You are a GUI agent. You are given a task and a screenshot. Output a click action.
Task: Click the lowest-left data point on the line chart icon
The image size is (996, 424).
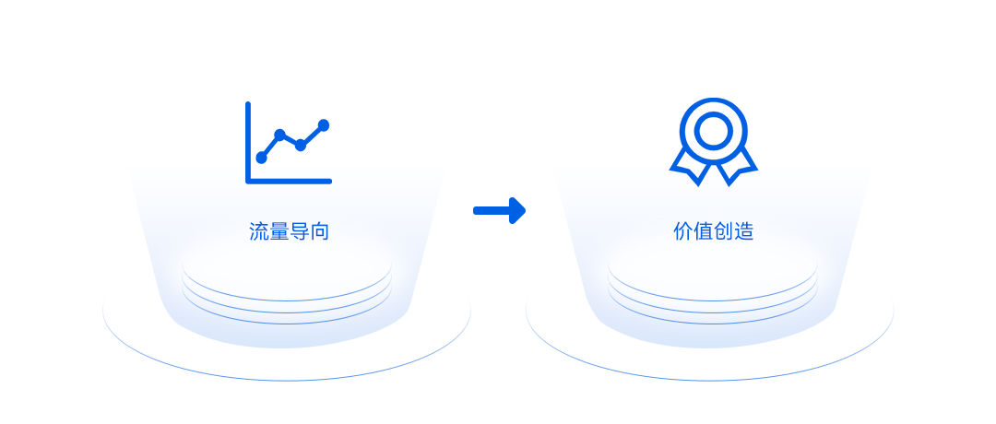click(x=261, y=158)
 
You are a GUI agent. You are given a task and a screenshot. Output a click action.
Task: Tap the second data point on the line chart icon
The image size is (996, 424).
click(x=279, y=135)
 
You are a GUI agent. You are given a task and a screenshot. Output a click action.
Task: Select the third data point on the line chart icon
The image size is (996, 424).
click(x=301, y=146)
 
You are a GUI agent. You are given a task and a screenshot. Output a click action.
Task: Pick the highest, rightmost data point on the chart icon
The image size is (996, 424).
click(x=324, y=125)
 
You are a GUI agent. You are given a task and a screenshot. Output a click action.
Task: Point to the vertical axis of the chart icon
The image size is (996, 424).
click(x=248, y=142)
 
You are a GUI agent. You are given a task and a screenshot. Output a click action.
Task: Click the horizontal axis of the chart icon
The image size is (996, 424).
click(x=289, y=182)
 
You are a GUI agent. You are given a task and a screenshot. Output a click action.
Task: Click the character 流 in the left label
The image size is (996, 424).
click(x=258, y=231)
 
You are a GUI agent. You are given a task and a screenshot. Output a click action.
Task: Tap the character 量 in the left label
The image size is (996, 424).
click(x=279, y=231)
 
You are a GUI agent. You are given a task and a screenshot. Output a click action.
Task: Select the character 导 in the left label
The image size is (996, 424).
click(x=299, y=231)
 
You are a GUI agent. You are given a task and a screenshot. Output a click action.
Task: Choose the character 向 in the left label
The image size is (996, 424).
click(x=319, y=231)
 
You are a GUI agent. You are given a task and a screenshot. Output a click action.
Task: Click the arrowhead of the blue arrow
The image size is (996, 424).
click(x=517, y=211)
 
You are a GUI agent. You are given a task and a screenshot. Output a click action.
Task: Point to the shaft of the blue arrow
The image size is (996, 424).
click(x=492, y=211)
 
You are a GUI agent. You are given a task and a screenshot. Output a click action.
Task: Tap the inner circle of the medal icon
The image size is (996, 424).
click(x=713, y=132)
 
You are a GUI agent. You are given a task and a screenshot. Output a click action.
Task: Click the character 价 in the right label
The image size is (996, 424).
click(x=682, y=231)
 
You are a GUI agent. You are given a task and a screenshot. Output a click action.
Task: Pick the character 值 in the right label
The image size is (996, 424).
click(x=703, y=231)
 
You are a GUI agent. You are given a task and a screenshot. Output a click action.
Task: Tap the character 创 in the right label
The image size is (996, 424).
click(x=724, y=231)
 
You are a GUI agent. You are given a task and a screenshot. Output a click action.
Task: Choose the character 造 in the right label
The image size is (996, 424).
click(x=744, y=231)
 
